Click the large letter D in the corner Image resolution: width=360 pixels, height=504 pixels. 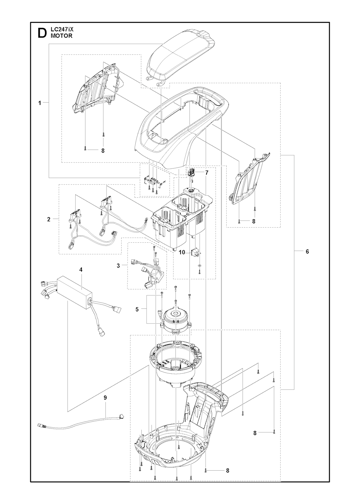pyautogui.click(x=41, y=33)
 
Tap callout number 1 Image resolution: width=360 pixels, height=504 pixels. pyautogui.click(x=40, y=103)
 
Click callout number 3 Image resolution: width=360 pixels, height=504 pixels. pyautogui.click(x=118, y=266)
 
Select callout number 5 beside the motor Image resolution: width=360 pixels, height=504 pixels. pyautogui.click(x=137, y=309)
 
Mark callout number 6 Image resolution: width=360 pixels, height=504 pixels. pyautogui.click(x=307, y=251)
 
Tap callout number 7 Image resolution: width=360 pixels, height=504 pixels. pyautogui.click(x=207, y=173)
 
